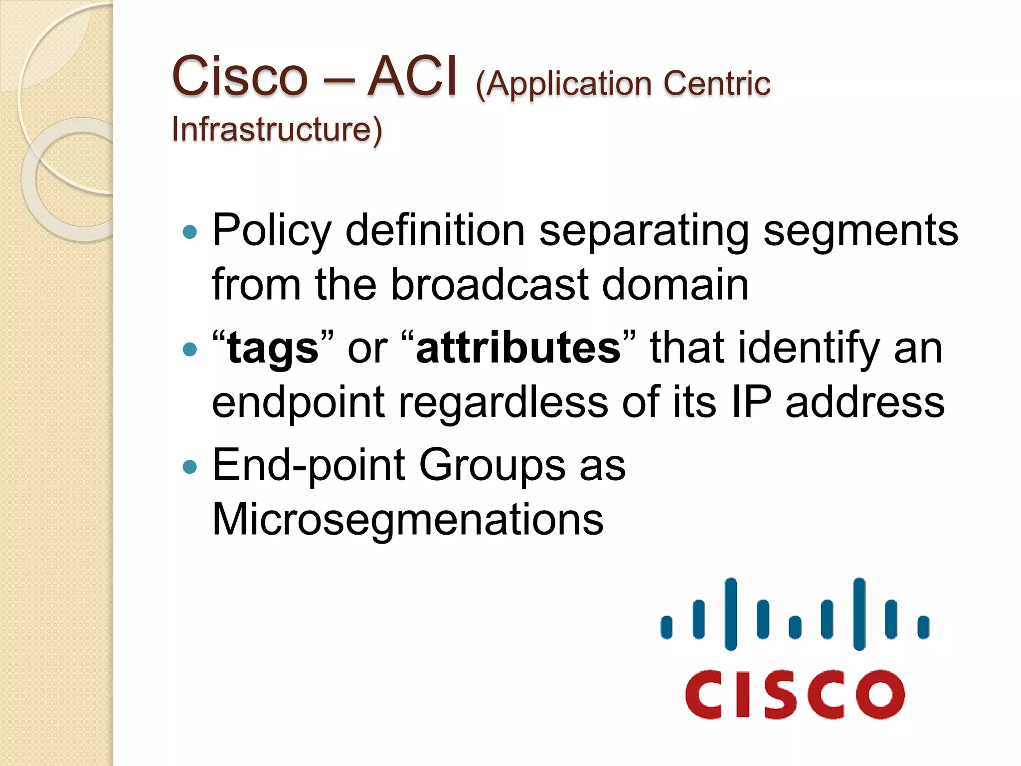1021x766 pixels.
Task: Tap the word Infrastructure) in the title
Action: click(277, 130)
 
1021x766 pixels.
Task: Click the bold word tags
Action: click(273, 348)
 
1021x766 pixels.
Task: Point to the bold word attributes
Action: click(518, 348)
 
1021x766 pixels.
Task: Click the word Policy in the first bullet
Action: click(272, 231)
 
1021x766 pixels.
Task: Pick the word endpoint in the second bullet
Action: click(298, 402)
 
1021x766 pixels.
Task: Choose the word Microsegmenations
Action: click(407, 519)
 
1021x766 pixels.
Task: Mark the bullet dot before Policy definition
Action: click(190, 232)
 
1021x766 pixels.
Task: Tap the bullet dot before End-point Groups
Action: click(190, 467)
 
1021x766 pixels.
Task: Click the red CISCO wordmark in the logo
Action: click(795, 695)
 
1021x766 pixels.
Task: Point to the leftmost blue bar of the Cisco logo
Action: click(667, 627)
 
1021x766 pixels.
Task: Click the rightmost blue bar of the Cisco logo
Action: click(923, 627)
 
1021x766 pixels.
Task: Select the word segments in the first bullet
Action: click(860, 231)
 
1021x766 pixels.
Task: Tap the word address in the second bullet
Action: click(865, 402)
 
